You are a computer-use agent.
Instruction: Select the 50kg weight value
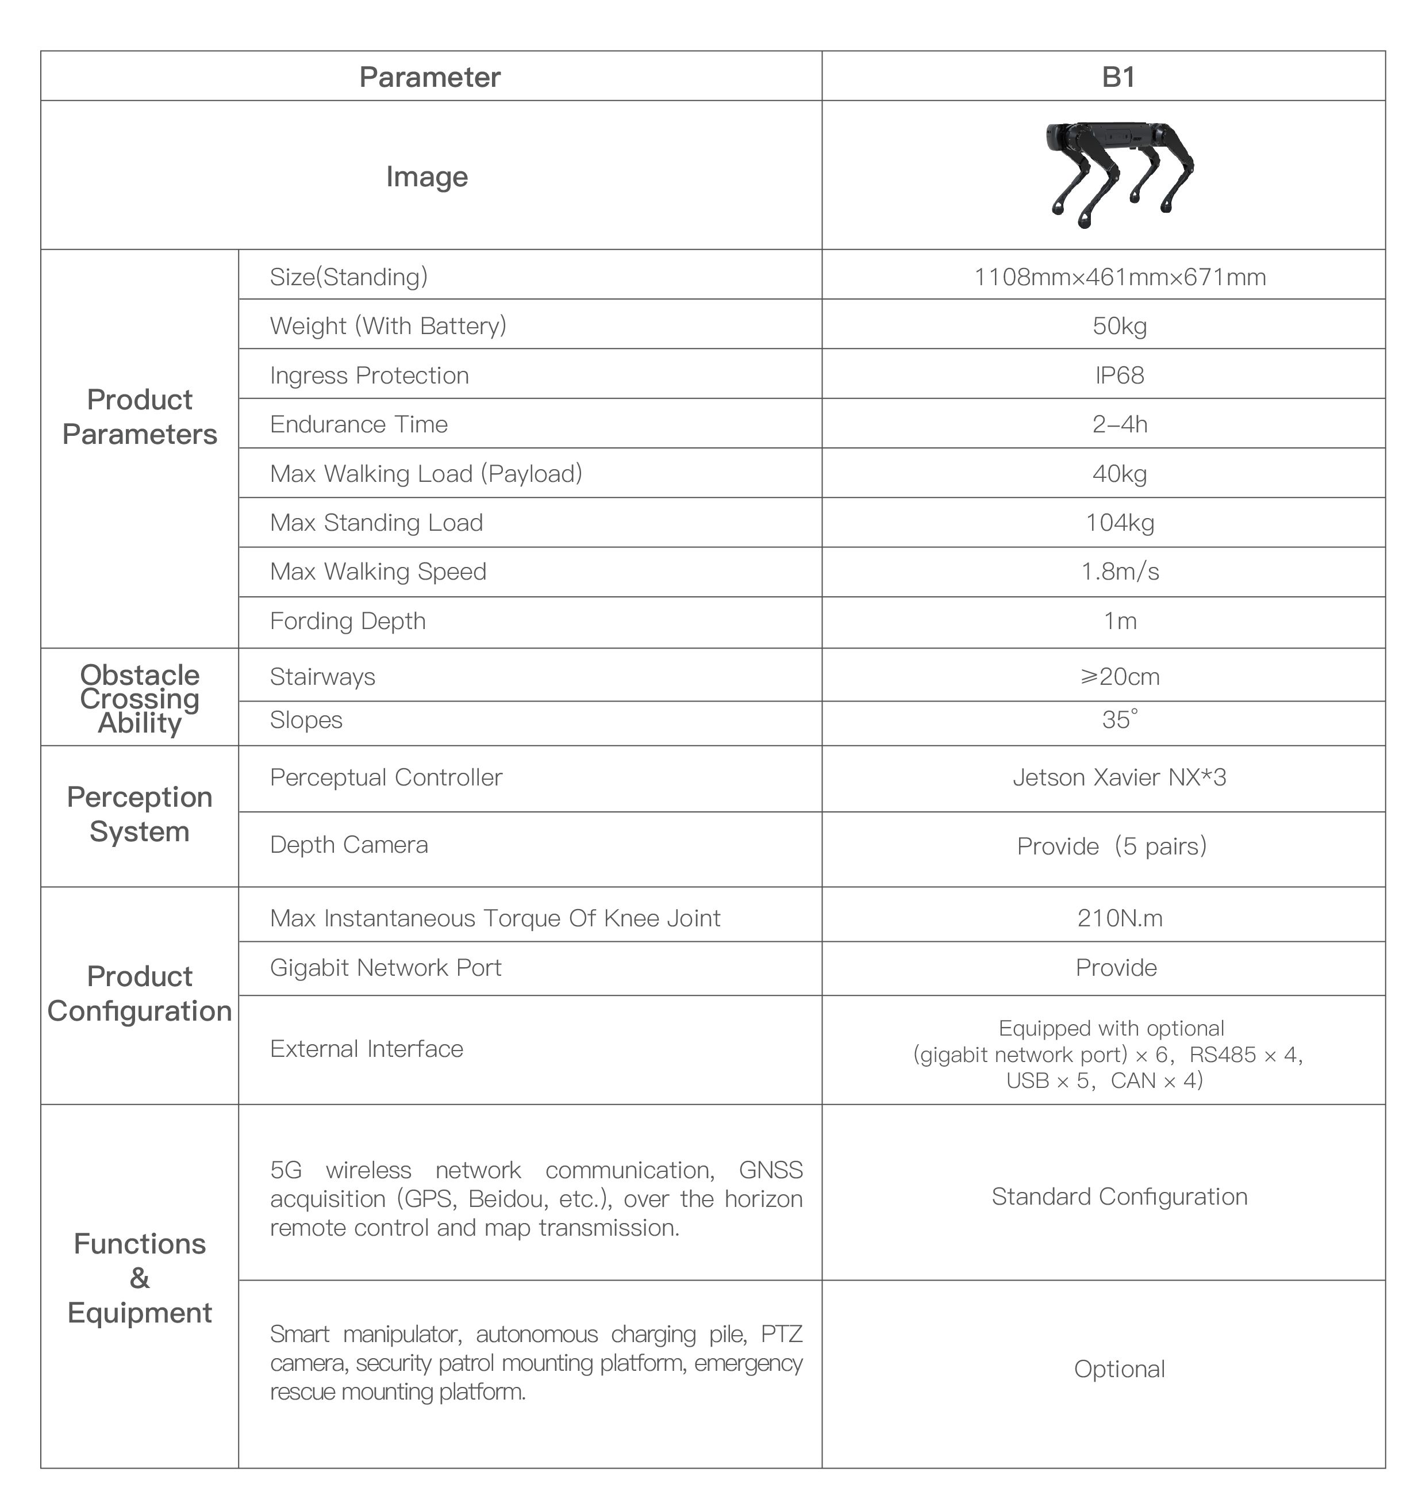1119,326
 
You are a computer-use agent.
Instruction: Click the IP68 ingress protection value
1119,375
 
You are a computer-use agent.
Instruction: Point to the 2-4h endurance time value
1119,424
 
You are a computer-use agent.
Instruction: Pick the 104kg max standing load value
1119,523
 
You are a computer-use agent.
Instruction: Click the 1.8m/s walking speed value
1120,572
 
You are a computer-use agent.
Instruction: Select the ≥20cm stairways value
1120,677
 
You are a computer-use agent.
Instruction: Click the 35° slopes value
1120,719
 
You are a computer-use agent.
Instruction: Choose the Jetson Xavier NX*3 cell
1119,778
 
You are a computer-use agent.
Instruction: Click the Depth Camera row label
349,845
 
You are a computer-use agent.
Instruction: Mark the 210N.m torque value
1120,918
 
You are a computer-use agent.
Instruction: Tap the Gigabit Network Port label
386,968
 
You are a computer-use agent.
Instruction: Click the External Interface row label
366,1049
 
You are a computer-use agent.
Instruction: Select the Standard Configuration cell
1119,1197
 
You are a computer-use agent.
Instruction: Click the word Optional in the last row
1119,1369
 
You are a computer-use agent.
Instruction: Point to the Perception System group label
140,814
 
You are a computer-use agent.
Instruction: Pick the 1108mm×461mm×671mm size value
1120,277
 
